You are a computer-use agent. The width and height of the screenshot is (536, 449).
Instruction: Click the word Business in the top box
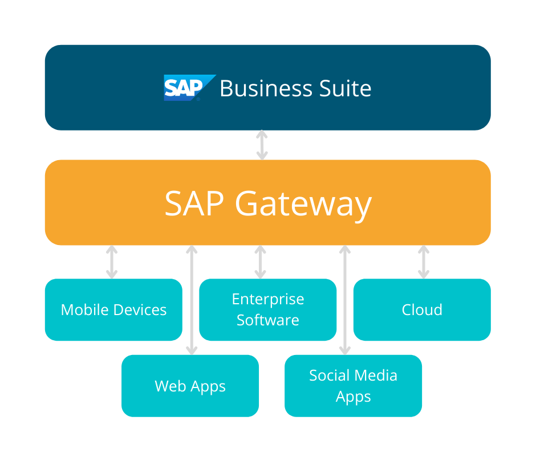(x=266, y=89)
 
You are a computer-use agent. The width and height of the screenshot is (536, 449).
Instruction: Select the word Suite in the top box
(x=345, y=89)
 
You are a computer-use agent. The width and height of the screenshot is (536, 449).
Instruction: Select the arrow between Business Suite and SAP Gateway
(x=262, y=145)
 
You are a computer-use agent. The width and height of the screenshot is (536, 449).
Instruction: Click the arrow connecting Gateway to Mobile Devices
(x=112, y=262)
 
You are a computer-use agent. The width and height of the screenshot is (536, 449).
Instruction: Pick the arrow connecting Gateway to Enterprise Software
(x=261, y=262)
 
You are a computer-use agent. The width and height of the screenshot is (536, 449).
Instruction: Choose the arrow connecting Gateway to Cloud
(x=423, y=262)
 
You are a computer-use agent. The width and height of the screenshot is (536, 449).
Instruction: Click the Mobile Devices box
(x=113, y=309)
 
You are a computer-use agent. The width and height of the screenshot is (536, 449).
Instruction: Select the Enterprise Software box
(x=267, y=309)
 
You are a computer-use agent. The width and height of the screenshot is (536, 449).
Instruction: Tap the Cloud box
(x=422, y=309)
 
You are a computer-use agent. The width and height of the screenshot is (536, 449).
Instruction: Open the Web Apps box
(x=190, y=386)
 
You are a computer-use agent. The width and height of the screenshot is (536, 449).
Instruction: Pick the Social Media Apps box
(x=353, y=386)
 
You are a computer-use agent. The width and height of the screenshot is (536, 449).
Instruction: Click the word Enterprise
(x=268, y=299)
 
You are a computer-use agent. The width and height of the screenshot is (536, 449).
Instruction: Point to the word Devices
(x=140, y=310)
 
